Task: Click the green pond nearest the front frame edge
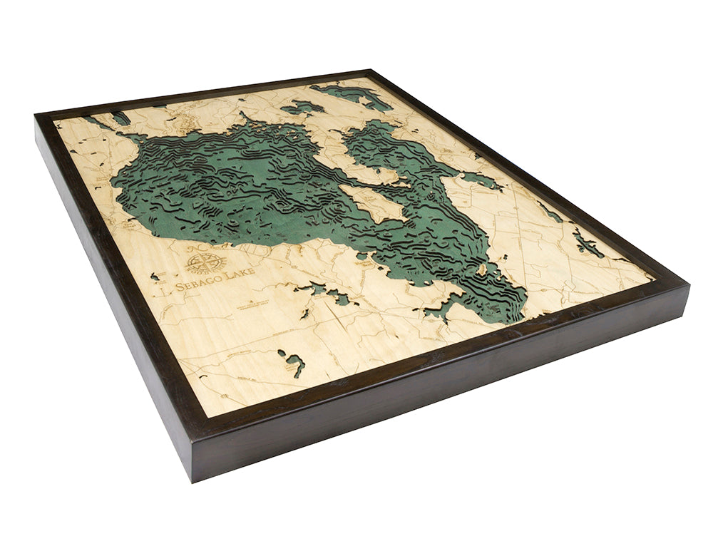click(292, 363)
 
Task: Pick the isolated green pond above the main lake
click(302, 108)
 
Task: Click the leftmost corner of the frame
click(36, 116)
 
